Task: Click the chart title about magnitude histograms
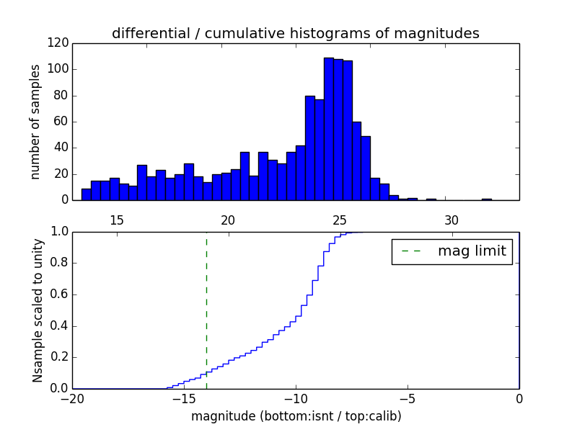point(295,33)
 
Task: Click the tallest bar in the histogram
point(328,130)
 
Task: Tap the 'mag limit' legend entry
point(452,251)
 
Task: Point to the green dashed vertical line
point(206,310)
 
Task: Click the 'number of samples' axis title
point(35,122)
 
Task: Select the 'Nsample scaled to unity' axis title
point(38,310)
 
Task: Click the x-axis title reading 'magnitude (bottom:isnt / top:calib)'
point(296,416)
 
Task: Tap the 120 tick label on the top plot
point(58,43)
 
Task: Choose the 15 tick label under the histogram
point(117,220)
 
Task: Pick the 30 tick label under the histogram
point(452,220)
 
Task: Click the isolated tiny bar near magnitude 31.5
point(487,199)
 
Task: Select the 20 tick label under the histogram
point(229,220)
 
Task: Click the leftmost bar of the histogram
point(86,194)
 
